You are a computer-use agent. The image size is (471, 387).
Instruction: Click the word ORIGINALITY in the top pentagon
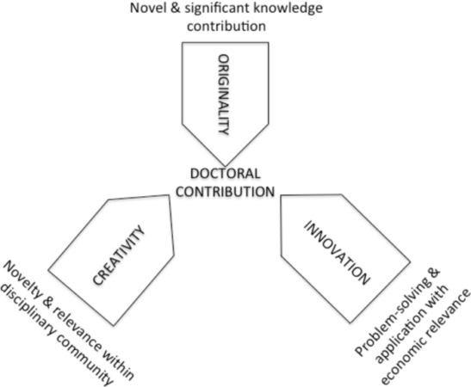224,95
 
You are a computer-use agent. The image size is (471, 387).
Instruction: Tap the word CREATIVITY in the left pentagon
119,255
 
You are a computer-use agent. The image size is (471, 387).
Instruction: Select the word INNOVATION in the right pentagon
337,253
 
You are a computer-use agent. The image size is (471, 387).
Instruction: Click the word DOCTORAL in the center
226,174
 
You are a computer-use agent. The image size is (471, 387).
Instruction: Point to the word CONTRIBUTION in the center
226,192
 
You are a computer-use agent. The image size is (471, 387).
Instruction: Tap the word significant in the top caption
217,9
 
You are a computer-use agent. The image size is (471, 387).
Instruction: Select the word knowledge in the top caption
288,9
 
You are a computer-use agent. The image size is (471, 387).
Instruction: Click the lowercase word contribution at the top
226,26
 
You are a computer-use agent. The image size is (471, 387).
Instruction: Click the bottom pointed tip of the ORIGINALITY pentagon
225,165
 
